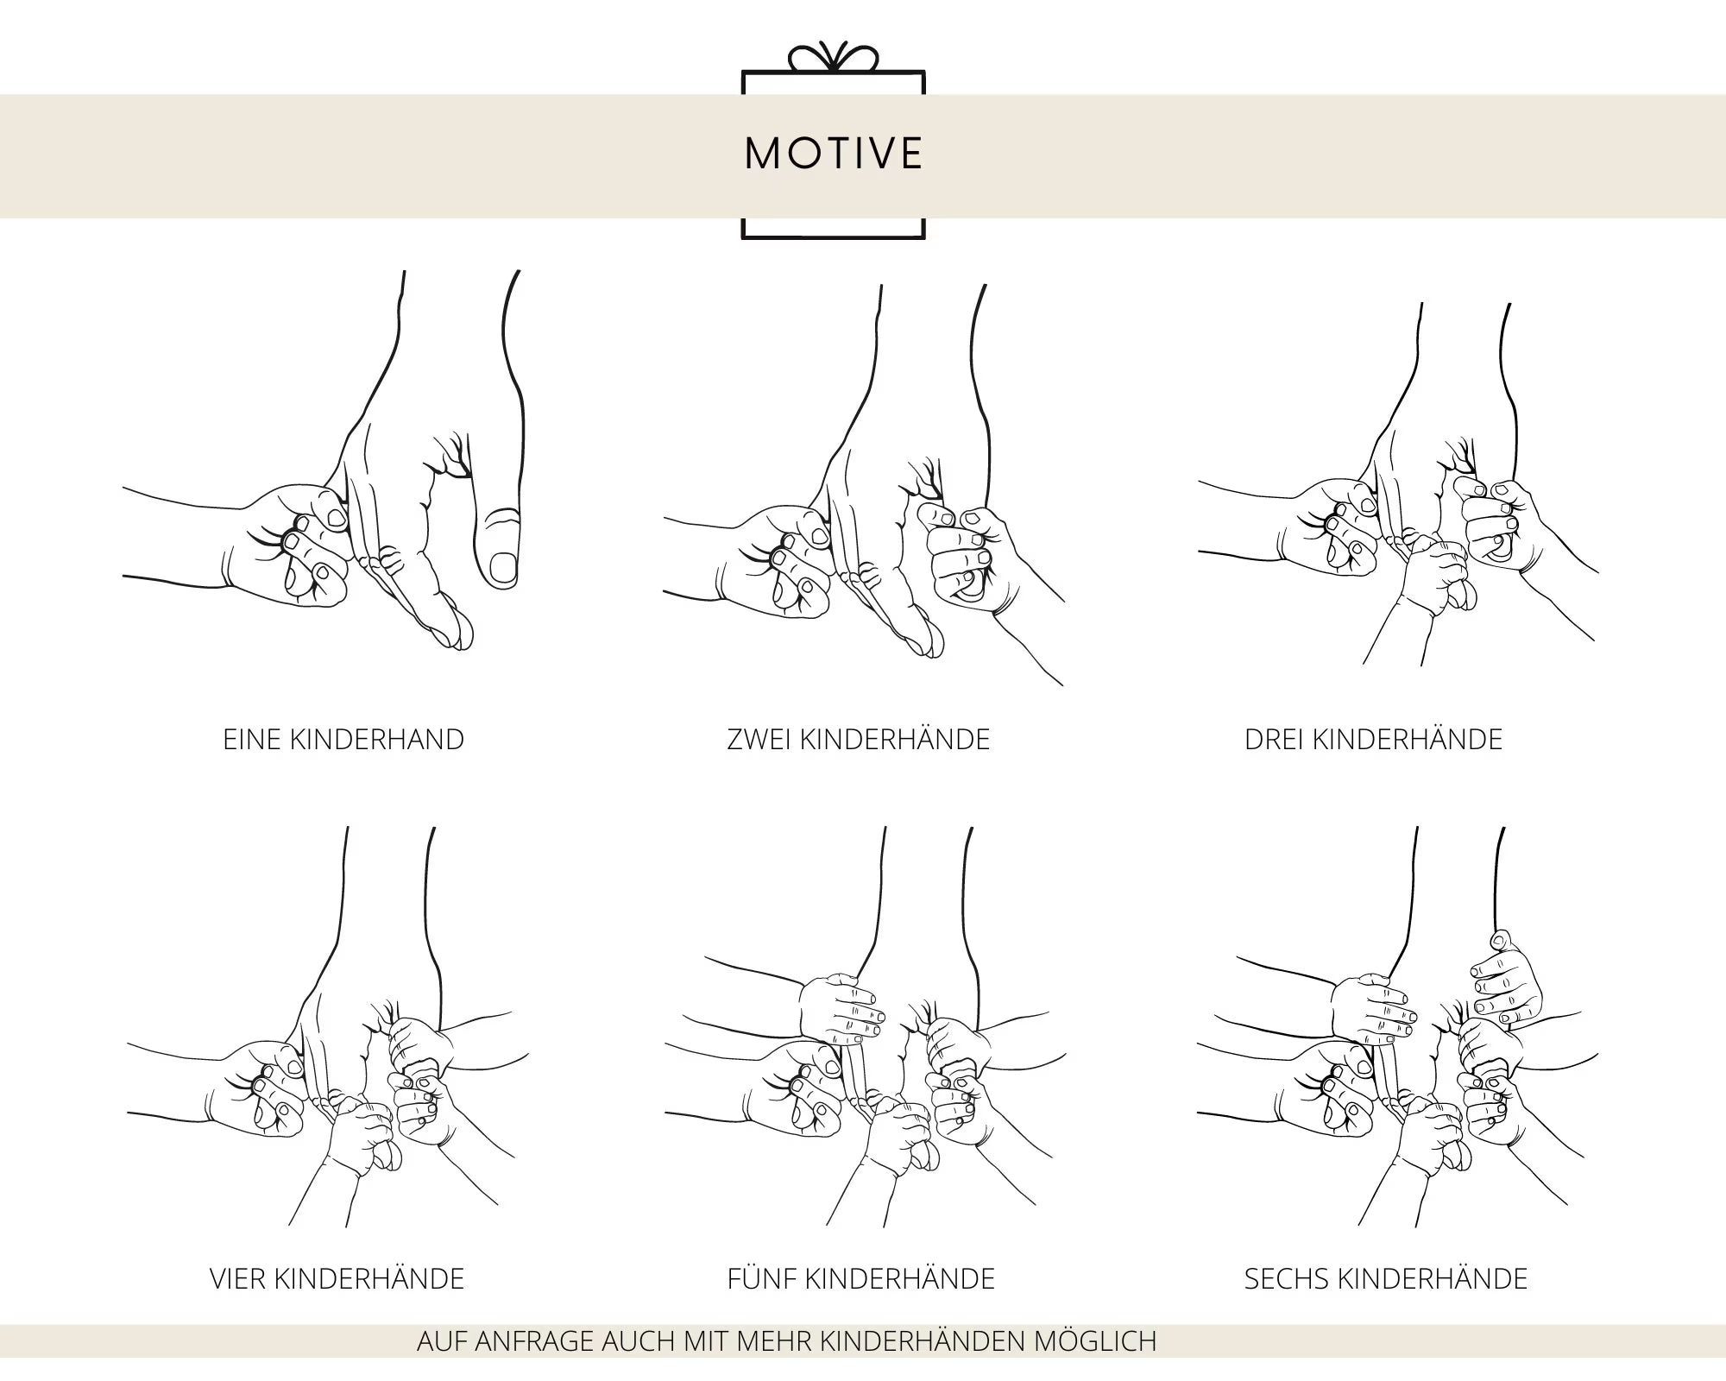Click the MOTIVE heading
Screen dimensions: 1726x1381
click(x=834, y=153)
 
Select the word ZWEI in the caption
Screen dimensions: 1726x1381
click(x=759, y=740)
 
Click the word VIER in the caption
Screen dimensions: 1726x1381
click(x=237, y=1278)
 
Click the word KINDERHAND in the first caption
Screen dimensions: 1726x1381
click(x=377, y=740)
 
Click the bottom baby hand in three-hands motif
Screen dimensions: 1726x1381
click(x=1437, y=574)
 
